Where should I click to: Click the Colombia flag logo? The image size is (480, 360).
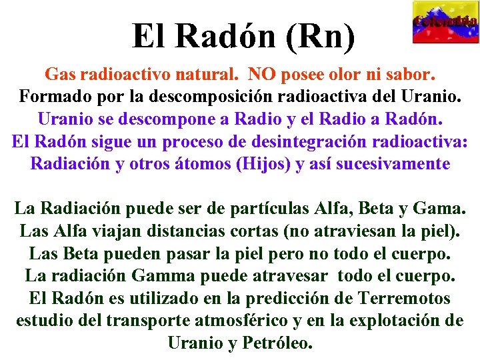click(445, 21)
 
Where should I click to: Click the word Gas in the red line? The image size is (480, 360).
click(57, 73)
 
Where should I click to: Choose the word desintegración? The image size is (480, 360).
click(309, 141)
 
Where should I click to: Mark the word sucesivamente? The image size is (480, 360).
click(393, 164)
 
